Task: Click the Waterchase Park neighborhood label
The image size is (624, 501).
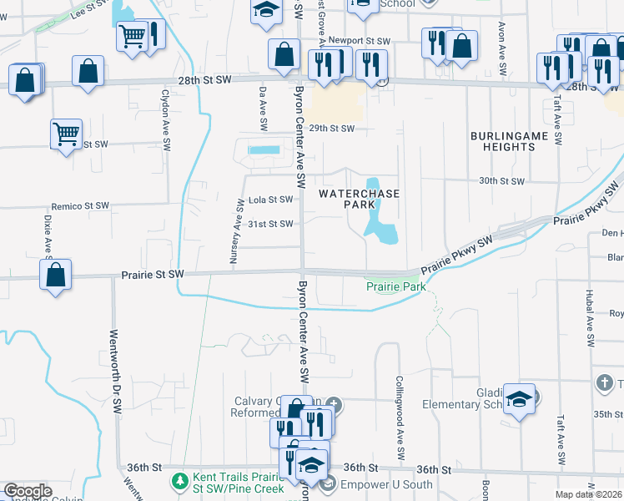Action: (x=360, y=199)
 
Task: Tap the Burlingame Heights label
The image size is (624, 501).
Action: (x=502, y=140)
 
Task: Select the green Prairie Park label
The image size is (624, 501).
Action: (x=396, y=286)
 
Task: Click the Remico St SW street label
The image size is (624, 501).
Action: (x=80, y=205)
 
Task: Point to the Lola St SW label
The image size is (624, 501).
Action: (x=271, y=200)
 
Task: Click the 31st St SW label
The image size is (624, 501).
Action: (x=270, y=224)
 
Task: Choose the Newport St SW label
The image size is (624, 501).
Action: (x=359, y=41)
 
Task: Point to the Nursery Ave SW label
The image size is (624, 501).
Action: (x=237, y=238)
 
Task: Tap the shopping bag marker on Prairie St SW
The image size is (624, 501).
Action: (x=55, y=275)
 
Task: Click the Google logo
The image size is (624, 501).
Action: (x=28, y=491)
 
